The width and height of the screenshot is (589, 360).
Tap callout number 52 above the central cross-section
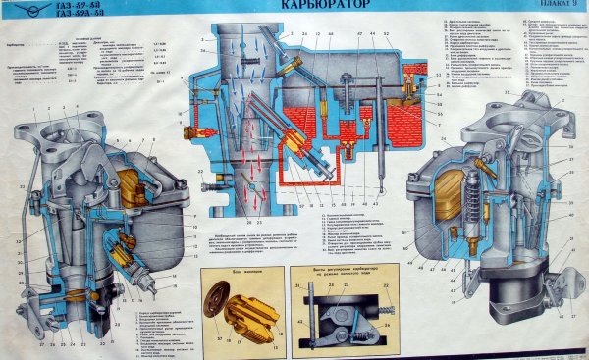click(x=385, y=34)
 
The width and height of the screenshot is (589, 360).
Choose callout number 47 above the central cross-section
click(x=360, y=34)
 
